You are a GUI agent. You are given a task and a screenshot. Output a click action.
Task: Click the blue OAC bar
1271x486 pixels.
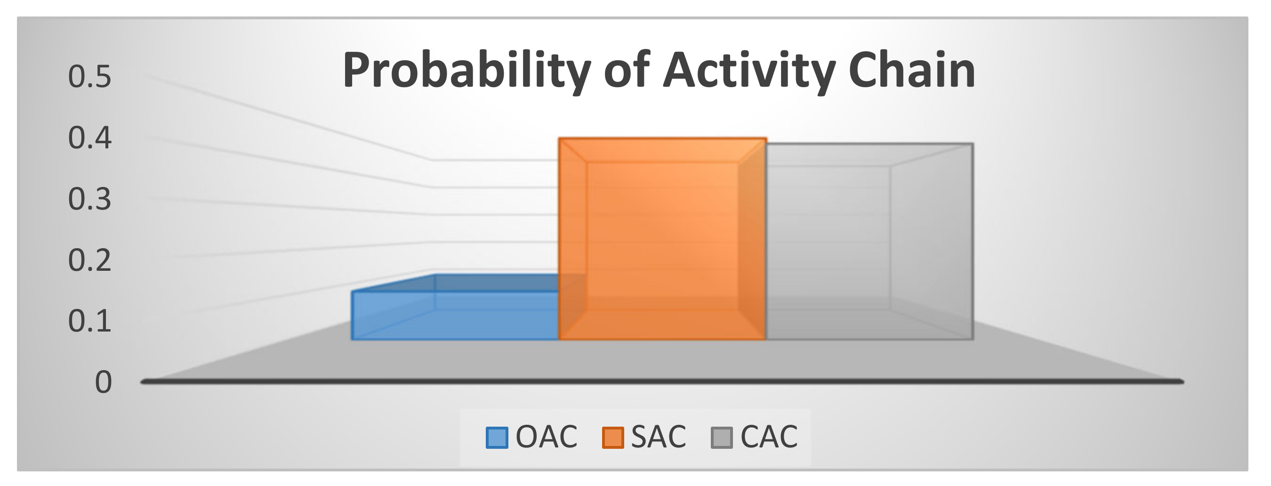(454, 316)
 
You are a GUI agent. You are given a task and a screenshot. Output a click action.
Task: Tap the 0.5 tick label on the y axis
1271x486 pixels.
(90, 77)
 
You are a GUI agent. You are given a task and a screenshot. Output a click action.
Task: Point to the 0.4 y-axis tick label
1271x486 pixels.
(90, 138)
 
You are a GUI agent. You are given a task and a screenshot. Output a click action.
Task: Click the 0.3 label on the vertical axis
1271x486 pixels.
(90, 199)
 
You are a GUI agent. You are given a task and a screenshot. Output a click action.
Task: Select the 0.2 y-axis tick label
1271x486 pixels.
(90, 260)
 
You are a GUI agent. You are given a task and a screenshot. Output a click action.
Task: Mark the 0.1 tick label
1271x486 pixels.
(90, 321)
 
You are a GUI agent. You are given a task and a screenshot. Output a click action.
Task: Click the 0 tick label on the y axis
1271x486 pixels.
(103, 382)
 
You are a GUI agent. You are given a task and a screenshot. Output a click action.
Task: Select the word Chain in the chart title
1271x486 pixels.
(912, 71)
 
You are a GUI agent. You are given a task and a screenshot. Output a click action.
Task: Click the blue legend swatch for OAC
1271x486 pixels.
(496, 437)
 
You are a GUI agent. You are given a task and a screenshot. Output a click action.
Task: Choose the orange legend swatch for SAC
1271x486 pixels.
(613, 437)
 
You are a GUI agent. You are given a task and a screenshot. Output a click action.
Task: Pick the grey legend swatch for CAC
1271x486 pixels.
(722, 437)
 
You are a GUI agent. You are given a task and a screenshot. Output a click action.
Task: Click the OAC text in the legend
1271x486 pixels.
(546, 437)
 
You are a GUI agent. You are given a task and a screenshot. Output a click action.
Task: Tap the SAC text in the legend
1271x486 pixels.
(659, 437)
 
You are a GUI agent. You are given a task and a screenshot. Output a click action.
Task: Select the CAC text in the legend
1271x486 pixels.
(769, 437)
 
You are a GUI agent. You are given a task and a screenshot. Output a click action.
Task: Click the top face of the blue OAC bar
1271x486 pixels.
(454, 283)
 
